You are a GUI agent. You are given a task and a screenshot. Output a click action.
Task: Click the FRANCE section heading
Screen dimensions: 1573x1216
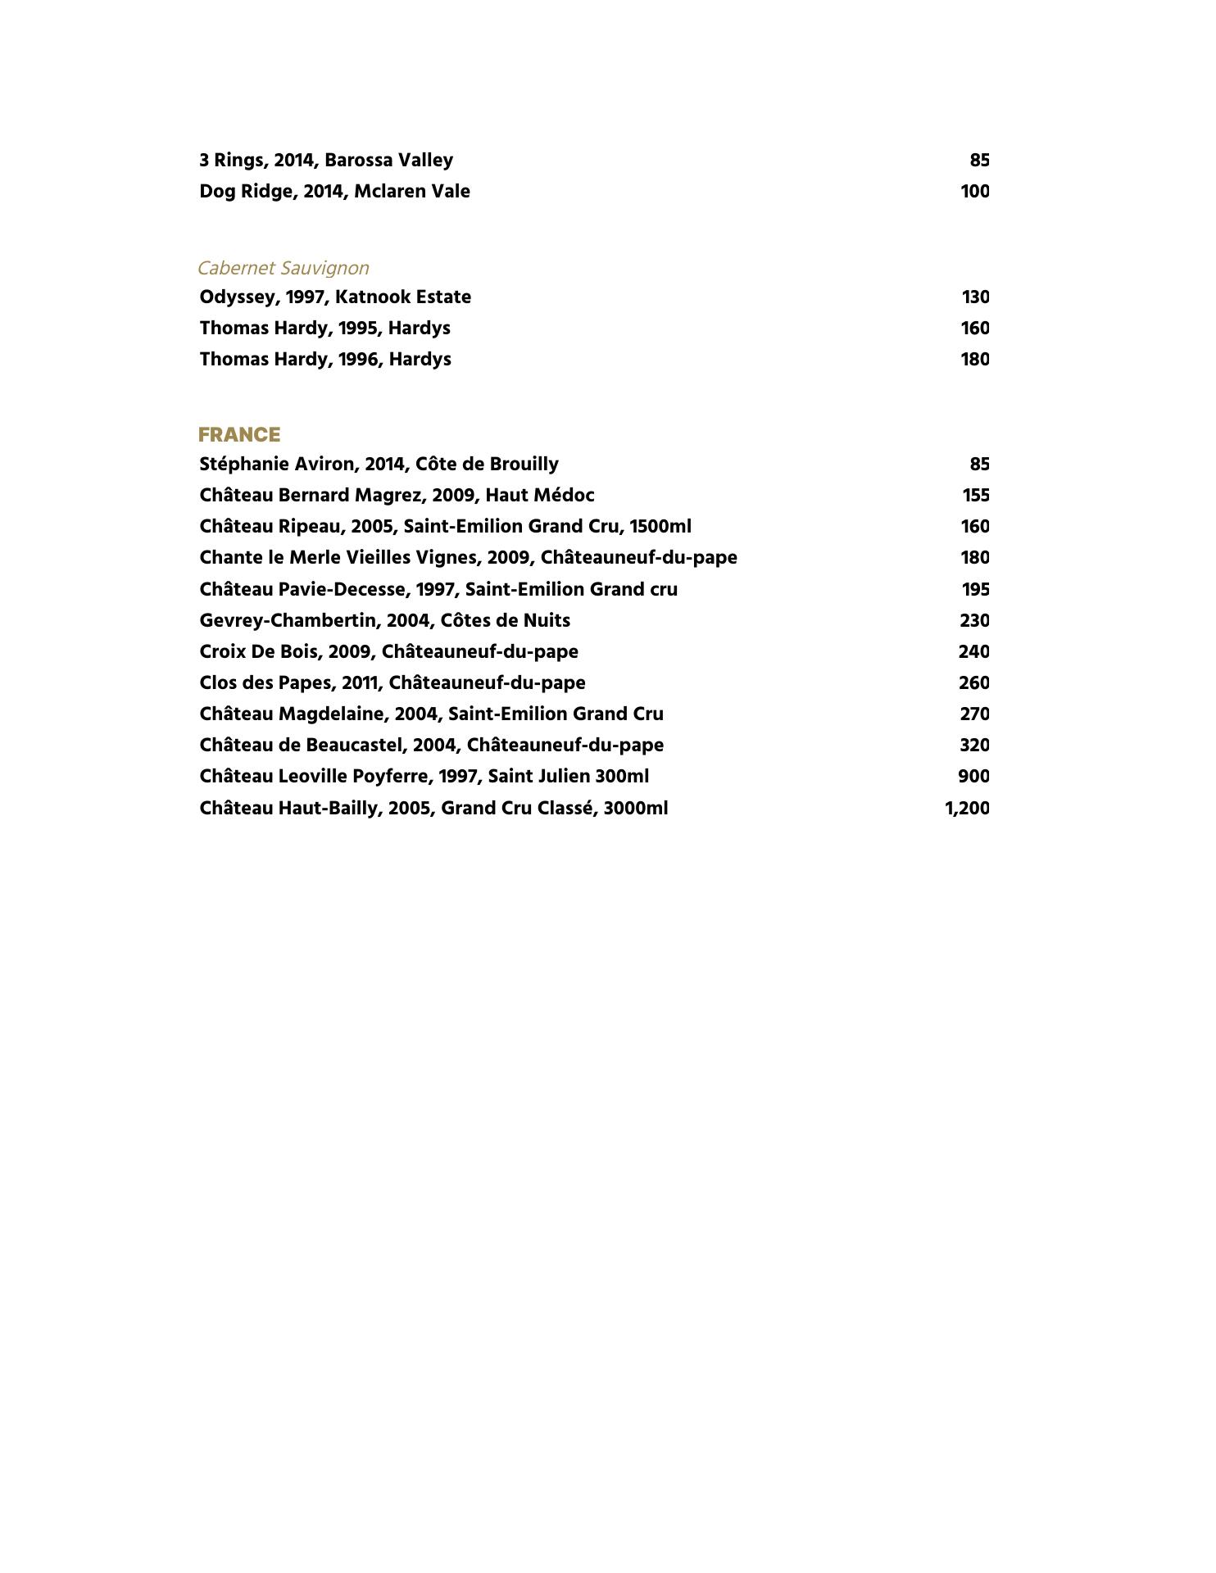point(239,434)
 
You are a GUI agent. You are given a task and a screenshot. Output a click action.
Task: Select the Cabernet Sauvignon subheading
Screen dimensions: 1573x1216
point(284,268)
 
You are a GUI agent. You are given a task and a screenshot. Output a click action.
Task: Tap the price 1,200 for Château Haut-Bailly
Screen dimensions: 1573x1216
point(967,808)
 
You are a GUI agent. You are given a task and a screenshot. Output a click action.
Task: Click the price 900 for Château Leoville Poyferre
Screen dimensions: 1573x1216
point(973,776)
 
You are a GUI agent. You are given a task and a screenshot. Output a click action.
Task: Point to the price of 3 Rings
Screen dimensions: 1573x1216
point(979,160)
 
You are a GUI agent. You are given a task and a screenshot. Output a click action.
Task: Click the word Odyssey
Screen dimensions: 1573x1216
point(237,297)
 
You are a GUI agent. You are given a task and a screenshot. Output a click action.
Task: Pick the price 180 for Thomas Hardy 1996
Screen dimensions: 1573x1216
point(975,359)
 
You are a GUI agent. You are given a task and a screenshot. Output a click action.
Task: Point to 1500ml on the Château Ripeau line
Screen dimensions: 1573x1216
point(660,526)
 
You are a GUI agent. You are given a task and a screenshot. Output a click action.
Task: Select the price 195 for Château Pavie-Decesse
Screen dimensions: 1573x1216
point(975,589)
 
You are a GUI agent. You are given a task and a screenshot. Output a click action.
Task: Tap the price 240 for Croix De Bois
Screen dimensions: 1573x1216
point(974,651)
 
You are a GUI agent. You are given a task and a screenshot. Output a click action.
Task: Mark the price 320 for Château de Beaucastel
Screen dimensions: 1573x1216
point(974,745)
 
